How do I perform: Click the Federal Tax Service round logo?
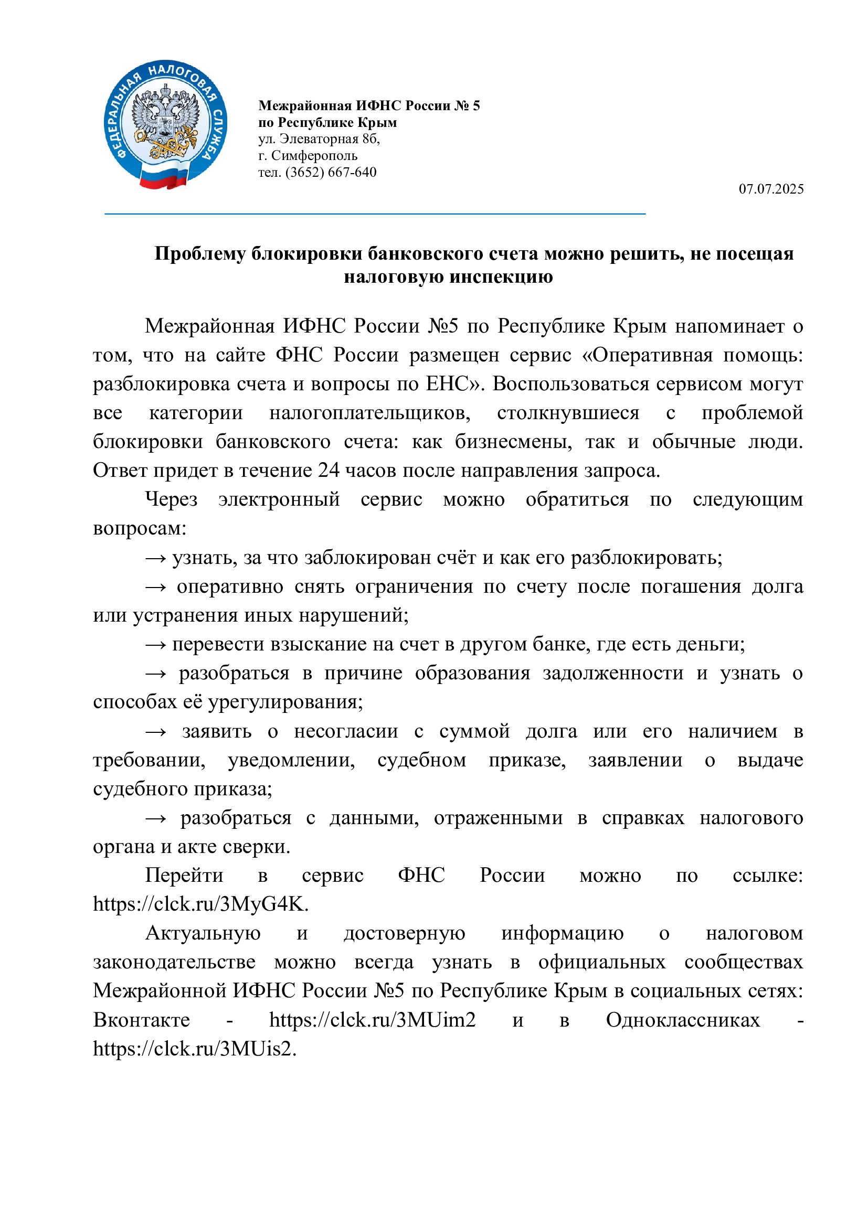(165, 124)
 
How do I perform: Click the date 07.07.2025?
(771, 189)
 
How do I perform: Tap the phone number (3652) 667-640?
(331, 173)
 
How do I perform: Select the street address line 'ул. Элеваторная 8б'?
(319, 139)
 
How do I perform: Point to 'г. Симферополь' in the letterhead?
(308, 155)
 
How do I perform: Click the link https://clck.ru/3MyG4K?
(200, 904)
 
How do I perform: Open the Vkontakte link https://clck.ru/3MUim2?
(372, 1020)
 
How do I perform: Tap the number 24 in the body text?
(329, 470)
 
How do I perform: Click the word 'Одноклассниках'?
(683, 1020)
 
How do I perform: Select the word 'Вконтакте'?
(142, 1020)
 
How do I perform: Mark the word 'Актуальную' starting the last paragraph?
(203, 933)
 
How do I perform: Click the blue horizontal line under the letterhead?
(375, 214)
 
